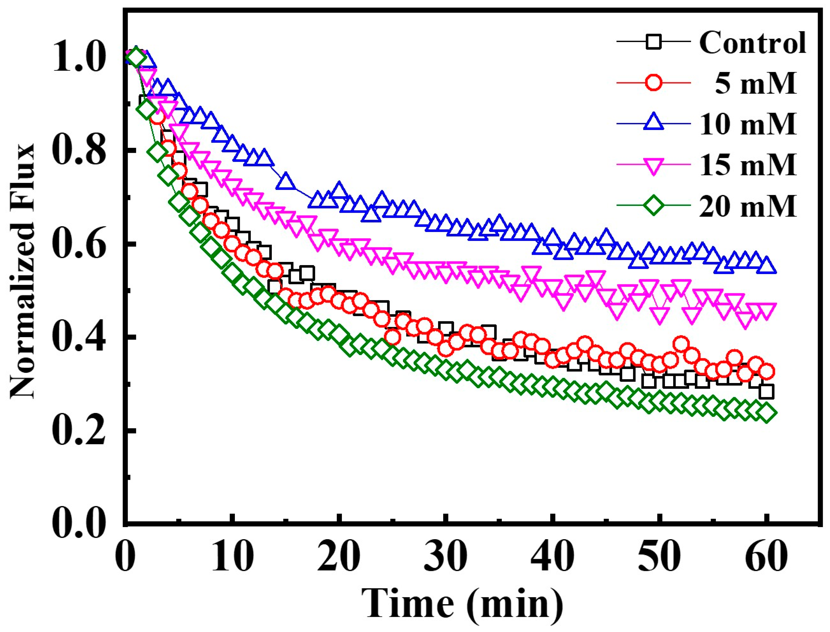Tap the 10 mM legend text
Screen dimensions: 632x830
[748, 124]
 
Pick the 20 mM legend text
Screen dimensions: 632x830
[748, 206]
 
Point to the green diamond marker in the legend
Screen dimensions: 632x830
[654, 206]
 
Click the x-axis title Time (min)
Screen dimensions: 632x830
[462, 602]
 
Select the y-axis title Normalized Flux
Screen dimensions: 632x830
[22, 271]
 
